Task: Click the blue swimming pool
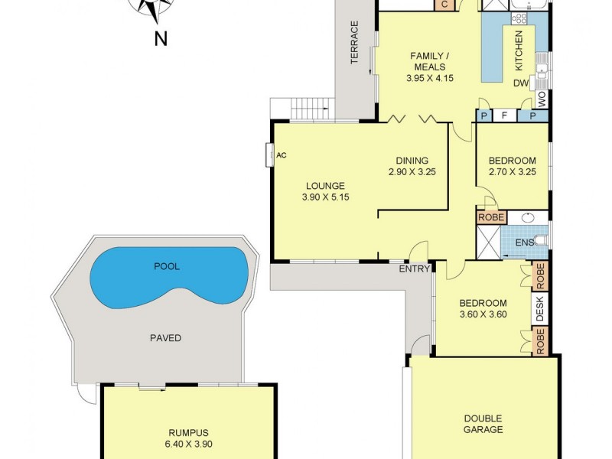(x=168, y=276)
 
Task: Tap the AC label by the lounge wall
(x=282, y=155)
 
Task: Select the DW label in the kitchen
(x=521, y=83)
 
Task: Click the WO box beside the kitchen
(x=542, y=99)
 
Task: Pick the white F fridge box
(x=504, y=116)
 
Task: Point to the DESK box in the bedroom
(x=540, y=309)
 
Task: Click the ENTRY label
(x=414, y=269)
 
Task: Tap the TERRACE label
(x=354, y=43)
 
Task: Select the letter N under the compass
(x=161, y=39)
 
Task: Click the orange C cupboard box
(x=445, y=5)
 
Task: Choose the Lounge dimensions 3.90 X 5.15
(x=326, y=197)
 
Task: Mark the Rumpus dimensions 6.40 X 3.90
(x=188, y=444)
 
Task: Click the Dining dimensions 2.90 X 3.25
(x=412, y=171)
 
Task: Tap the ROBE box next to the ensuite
(x=491, y=217)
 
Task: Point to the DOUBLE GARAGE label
(x=483, y=425)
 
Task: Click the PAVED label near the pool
(x=166, y=338)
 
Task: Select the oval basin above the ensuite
(x=529, y=217)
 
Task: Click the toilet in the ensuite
(x=542, y=239)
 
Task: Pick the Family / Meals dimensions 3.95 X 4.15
(x=430, y=78)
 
